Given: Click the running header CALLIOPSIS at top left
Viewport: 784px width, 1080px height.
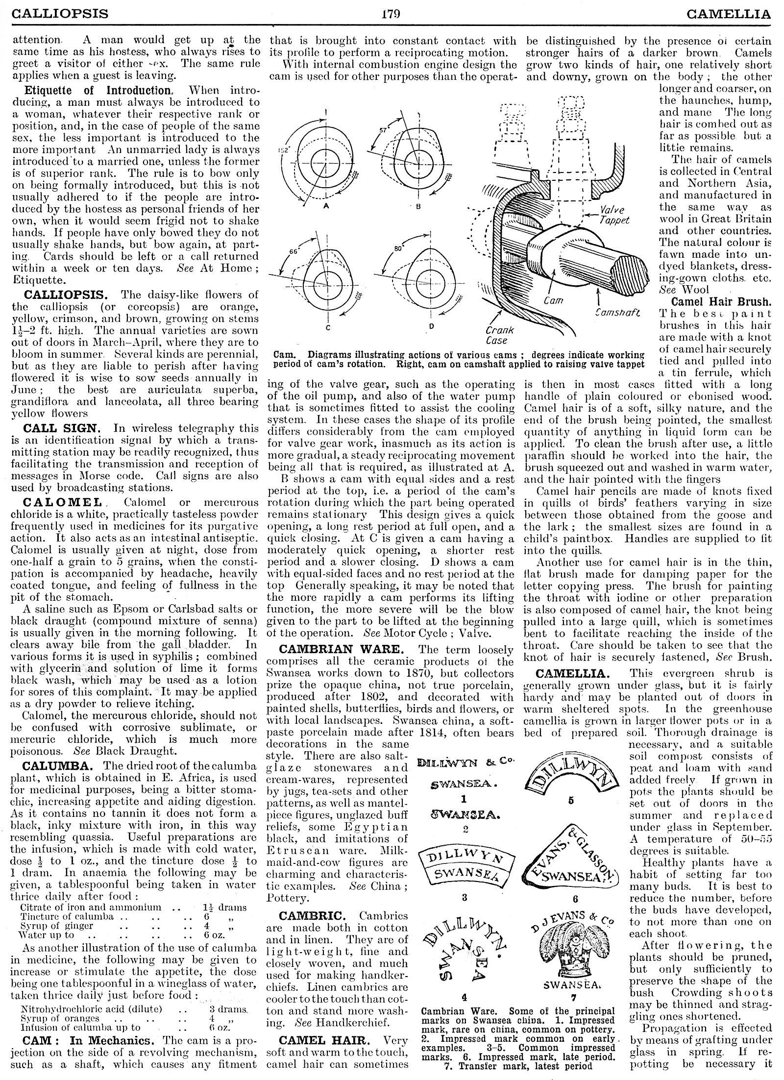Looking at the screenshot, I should (x=60, y=13).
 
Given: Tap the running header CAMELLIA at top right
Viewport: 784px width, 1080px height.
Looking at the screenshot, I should (x=729, y=13).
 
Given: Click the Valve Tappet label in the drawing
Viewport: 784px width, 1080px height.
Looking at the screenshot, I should (x=614, y=215).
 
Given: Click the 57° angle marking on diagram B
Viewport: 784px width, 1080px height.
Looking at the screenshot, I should (x=383, y=131).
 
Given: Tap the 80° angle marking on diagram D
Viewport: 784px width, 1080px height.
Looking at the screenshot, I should (x=398, y=248).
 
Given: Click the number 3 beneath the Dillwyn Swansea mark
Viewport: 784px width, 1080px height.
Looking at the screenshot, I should (x=465, y=898).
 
